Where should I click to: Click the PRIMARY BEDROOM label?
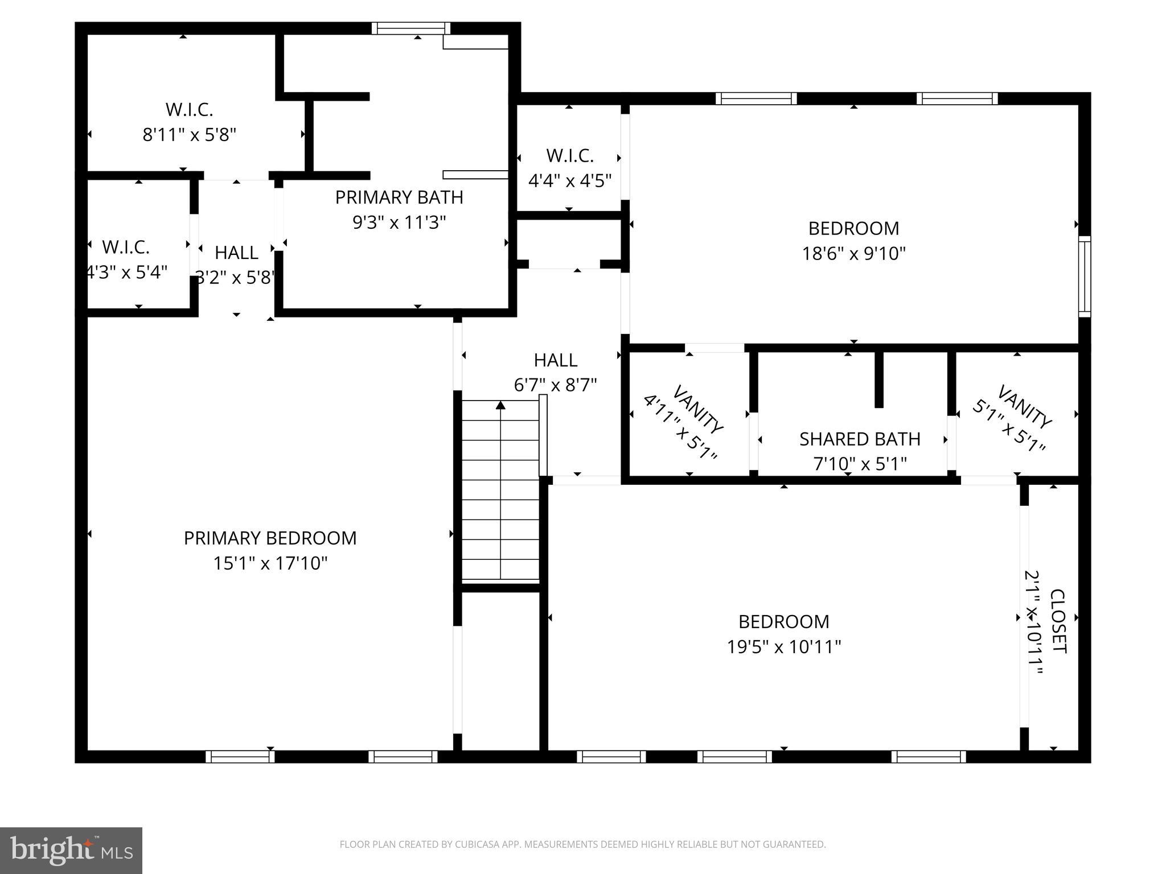tap(270, 538)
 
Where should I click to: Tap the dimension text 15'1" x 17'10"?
tap(270, 564)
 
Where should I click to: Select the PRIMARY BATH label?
tap(399, 197)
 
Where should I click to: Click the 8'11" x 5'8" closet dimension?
tap(189, 135)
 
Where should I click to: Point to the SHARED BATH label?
tap(860, 439)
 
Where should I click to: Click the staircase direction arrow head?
tap(500, 405)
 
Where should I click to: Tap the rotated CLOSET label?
tap(1057, 621)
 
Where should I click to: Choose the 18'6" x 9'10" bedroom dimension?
tap(853, 253)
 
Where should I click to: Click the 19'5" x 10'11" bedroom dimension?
tap(783, 647)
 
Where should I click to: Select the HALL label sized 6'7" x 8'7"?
tap(556, 360)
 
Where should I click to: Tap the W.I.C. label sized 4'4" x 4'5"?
tap(569, 155)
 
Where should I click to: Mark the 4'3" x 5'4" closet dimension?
tap(126, 272)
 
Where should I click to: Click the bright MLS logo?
tap(71, 851)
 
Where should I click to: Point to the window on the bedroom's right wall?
tap(1085, 277)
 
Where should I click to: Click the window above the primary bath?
tap(411, 28)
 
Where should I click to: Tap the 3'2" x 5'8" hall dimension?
tap(236, 278)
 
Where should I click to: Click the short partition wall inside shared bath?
tap(878, 379)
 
